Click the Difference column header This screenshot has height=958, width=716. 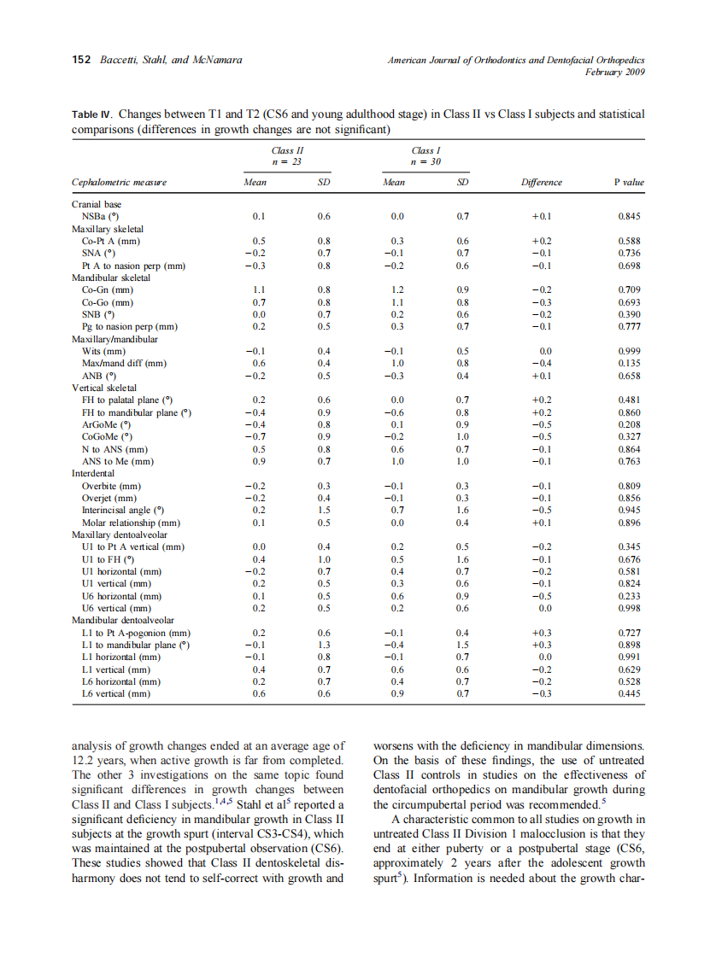point(542,183)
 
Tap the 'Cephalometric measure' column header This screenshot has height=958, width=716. point(119,183)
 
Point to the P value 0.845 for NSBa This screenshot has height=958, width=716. point(629,217)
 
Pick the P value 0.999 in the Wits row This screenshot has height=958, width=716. point(629,351)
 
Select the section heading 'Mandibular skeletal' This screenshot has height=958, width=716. point(111,277)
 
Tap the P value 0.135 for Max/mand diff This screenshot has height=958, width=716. point(629,363)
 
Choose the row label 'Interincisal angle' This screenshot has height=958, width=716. point(123,510)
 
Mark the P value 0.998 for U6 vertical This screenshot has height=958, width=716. point(629,608)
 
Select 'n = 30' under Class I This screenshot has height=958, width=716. point(425,161)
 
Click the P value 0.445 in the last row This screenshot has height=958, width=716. point(629,694)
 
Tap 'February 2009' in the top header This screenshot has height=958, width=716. point(613,73)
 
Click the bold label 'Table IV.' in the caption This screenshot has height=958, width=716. point(92,114)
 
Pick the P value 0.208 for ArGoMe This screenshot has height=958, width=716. point(629,424)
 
